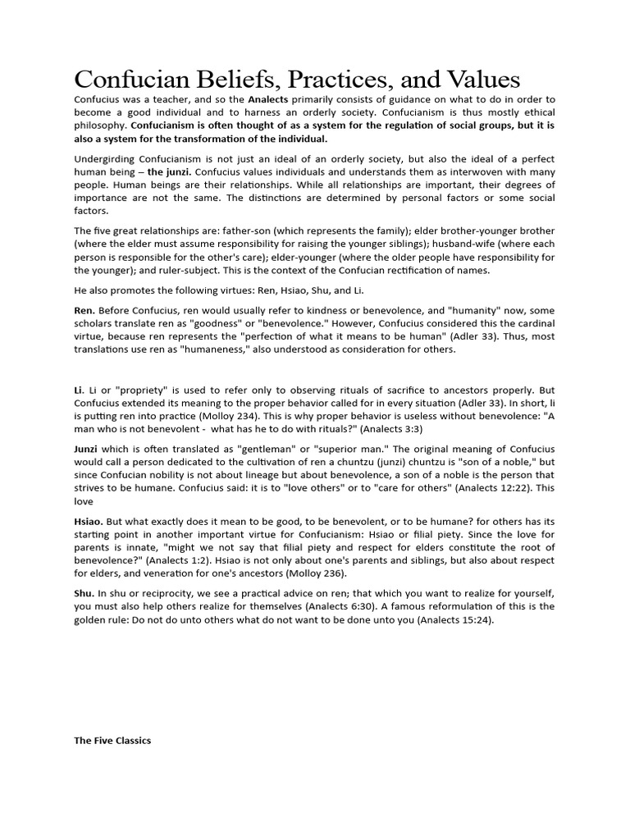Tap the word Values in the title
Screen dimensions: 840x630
pos(482,80)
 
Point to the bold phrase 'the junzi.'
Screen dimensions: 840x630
pos(170,171)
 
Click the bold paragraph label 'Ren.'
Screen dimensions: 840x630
pos(84,310)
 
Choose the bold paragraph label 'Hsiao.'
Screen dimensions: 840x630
pos(89,521)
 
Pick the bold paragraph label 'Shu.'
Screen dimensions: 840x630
pos(84,593)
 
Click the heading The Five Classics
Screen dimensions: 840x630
pos(112,740)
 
